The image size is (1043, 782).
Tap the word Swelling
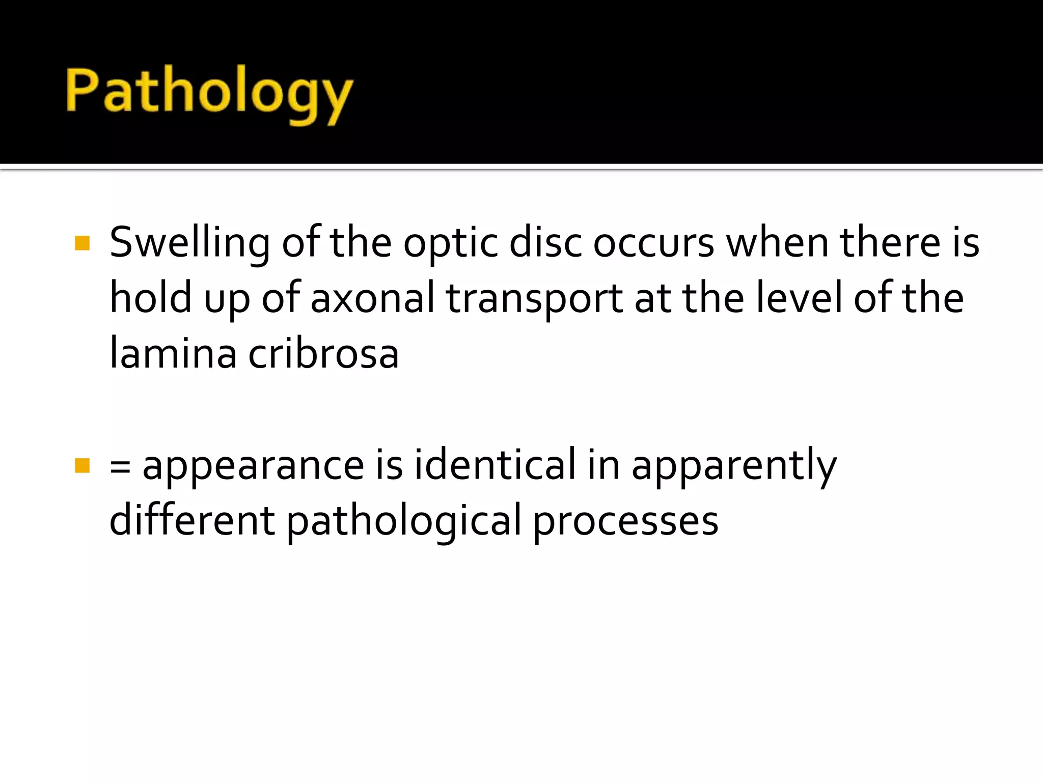(x=189, y=243)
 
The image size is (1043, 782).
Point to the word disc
(x=545, y=243)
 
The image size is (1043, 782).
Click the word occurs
(x=653, y=243)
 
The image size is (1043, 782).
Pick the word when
(x=777, y=243)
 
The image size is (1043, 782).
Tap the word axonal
(x=372, y=298)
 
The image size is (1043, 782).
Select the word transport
(x=534, y=299)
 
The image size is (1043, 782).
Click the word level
(x=799, y=298)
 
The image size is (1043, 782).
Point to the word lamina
(x=173, y=354)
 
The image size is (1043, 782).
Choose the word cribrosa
(x=323, y=354)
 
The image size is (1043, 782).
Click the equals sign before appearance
(x=120, y=466)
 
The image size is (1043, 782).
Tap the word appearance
(x=253, y=466)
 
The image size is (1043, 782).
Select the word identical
(x=495, y=465)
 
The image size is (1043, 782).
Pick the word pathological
(x=404, y=522)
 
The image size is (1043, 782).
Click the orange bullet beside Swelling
(x=82, y=243)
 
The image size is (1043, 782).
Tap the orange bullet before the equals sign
(x=82, y=465)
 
